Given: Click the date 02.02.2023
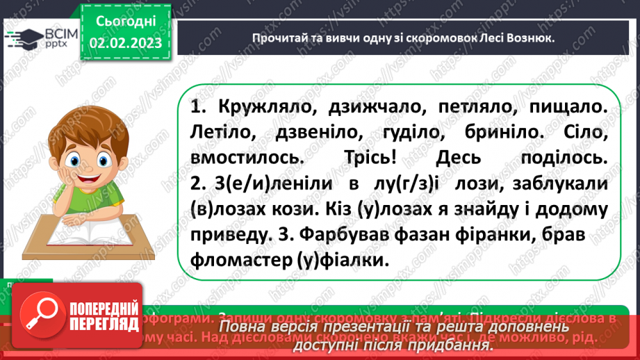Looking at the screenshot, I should tap(126, 43).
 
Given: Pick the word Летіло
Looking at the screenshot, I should tap(224, 133).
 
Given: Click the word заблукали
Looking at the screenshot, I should tap(564, 183).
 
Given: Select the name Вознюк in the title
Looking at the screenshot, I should tap(522, 38).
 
